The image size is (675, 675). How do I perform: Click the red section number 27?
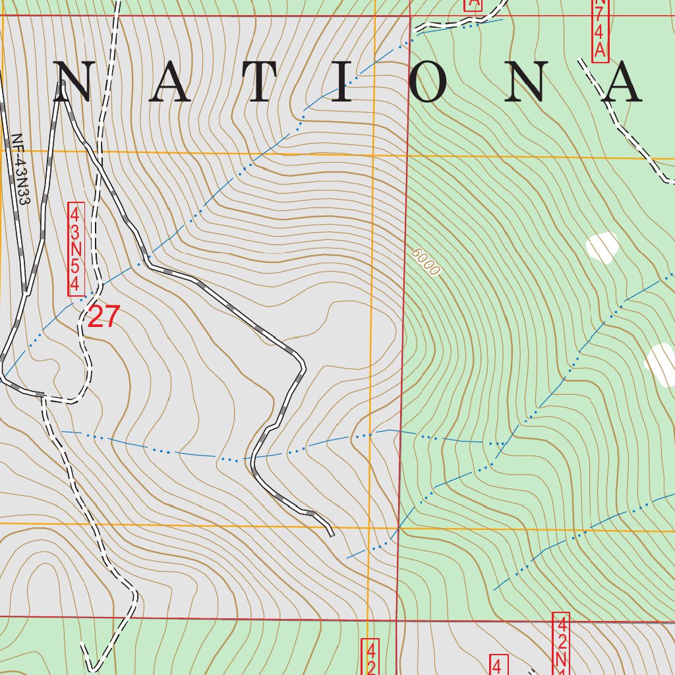(104, 317)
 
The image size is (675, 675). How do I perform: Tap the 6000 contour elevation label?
(425, 262)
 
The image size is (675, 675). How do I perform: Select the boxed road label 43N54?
(76, 250)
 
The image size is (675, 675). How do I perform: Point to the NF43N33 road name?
(20, 170)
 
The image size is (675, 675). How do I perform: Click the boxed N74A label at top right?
(599, 30)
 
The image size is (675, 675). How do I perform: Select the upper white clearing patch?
(602, 247)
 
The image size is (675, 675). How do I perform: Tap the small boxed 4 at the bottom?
(498, 664)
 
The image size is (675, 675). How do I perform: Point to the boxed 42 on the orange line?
(370, 657)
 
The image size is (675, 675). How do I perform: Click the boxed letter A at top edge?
(473, 4)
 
